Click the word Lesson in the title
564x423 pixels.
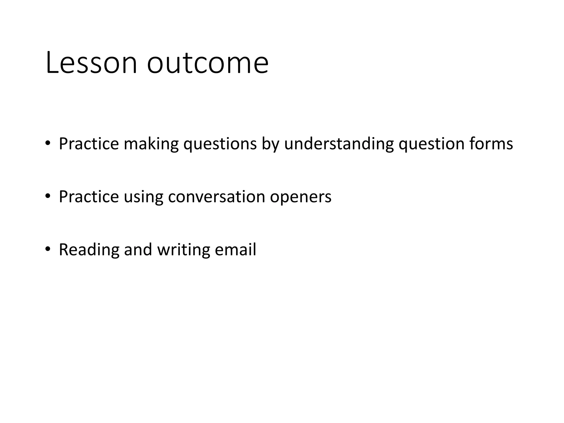point(91,63)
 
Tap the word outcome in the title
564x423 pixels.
point(208,63)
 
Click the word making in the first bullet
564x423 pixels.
point(151,144)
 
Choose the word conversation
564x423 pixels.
point(216,197)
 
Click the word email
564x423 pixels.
point(235,250)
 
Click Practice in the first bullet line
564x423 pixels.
point(89,144)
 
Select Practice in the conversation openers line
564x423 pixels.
point(89,197)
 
